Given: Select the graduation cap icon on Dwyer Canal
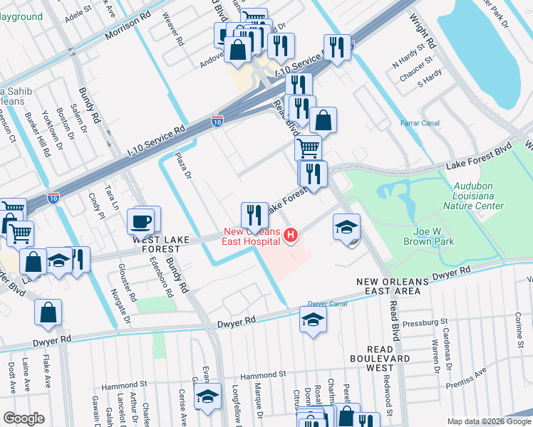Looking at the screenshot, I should [x=312, y=321].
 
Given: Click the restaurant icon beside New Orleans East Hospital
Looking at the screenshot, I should [x=254, y=214].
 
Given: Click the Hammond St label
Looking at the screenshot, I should [x=262, y=374].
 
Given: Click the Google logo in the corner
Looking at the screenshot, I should [x=24, y=418].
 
